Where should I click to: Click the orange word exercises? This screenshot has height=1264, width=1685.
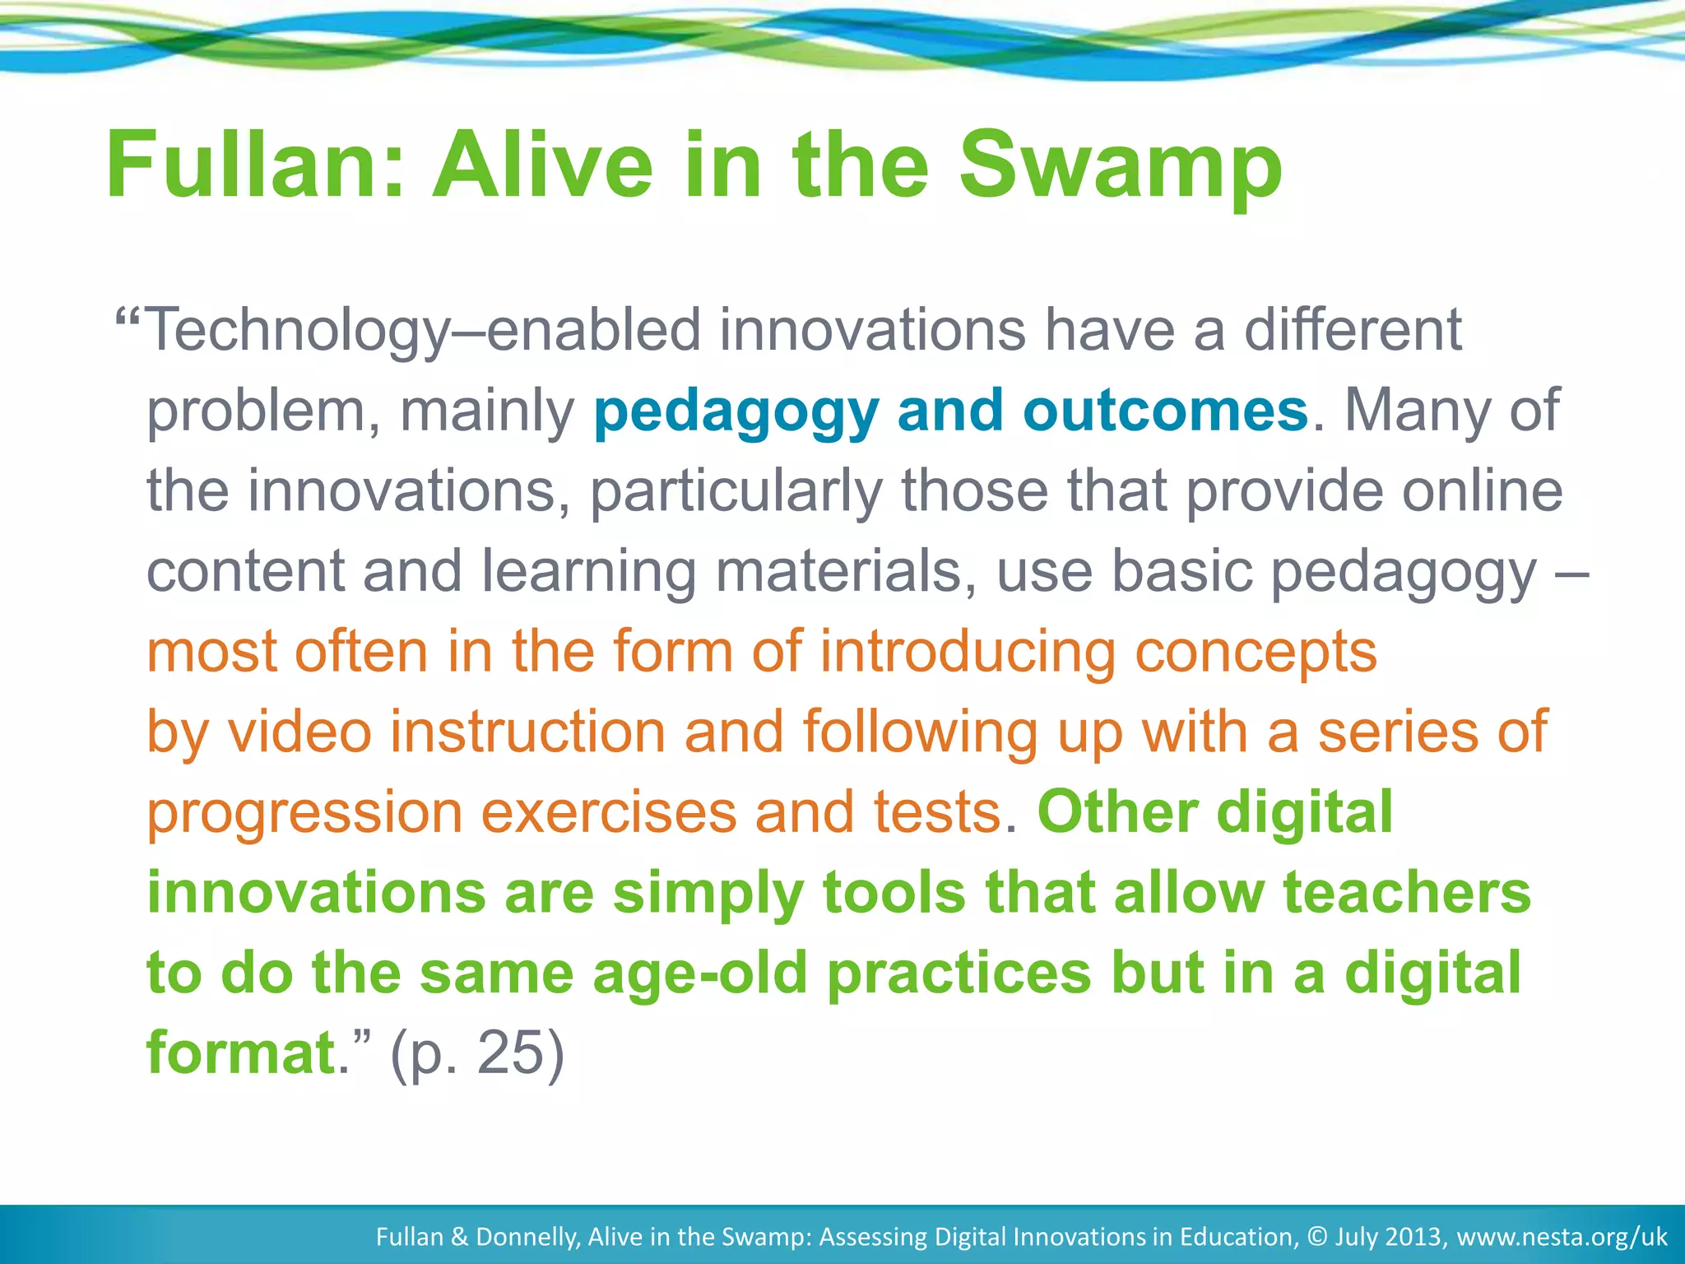[608, 813]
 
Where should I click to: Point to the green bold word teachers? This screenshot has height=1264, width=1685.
[1406, 893]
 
